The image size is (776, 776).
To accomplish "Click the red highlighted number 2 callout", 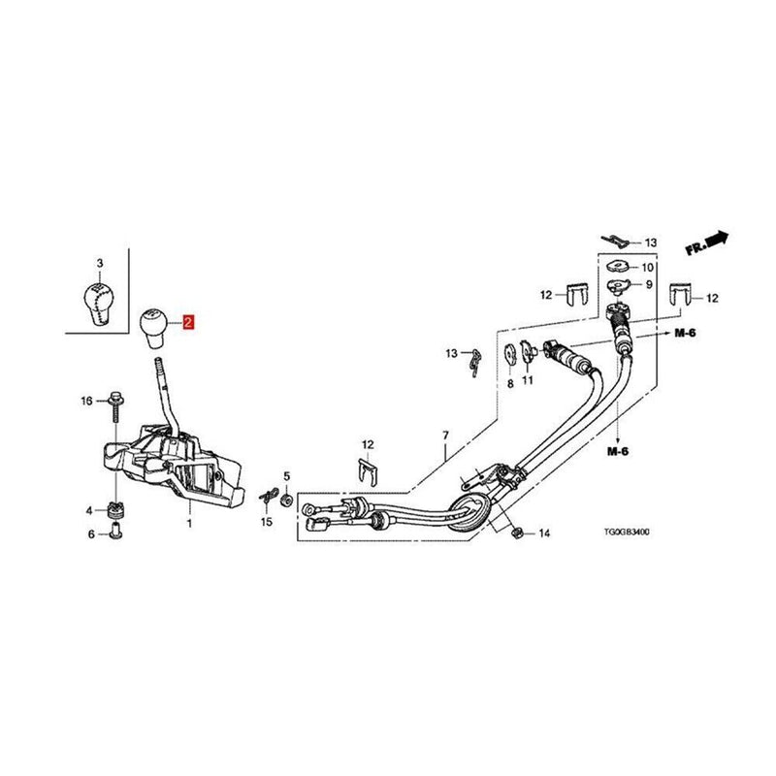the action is click(x=188, y=323).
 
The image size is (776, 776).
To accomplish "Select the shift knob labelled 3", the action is click(x=100, y=304).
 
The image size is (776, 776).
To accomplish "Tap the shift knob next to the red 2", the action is click(x=154, y=328).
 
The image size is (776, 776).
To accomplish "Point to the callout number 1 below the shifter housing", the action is click(x=189, y=523).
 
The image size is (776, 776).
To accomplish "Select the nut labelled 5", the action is click(x=287, y=500).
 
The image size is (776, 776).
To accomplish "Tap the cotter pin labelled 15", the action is click(x=268, y=497).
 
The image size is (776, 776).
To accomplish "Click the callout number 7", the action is click(x=445, y=436).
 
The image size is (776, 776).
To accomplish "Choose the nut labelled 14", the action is click(x=516, y=533).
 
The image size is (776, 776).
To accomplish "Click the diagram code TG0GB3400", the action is click(x=627, y=532).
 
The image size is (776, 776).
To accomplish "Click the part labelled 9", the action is click(x=619, y=285).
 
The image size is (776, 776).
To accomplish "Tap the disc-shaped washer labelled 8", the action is click(x=509, y=354).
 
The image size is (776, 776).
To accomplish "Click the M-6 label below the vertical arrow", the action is click(x=618, y=451).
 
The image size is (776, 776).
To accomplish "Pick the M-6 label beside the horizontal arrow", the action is click(x=686, y=333).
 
